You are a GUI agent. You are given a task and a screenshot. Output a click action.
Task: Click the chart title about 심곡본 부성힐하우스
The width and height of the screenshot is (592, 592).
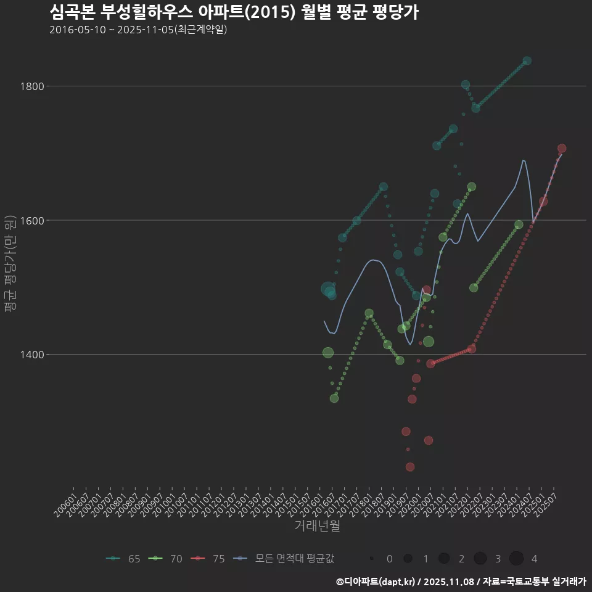pos(234,12)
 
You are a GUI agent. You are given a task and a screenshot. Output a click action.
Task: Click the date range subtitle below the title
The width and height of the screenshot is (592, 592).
pos(138,30)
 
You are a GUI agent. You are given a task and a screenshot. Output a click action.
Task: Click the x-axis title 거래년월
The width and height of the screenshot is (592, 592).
pos(317,525)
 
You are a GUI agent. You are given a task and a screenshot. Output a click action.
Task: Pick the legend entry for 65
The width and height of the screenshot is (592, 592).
pos(123,559)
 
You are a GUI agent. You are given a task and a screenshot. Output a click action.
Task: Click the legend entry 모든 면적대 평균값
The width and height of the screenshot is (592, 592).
pos(287,559)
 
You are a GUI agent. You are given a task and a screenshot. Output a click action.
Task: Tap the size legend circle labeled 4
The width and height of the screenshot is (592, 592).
pos(517,559)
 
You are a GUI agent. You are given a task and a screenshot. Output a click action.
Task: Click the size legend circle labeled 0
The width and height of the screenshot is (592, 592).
pos(372,559)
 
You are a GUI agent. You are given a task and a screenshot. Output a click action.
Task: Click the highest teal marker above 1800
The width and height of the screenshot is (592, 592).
pos(527,60)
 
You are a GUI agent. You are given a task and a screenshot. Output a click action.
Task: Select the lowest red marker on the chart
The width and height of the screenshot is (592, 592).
pos(410,467)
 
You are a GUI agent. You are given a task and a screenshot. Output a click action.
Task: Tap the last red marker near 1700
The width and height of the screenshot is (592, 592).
pos(562,149)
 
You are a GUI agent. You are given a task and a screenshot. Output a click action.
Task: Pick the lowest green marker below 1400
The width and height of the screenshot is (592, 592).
pos(334,398)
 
